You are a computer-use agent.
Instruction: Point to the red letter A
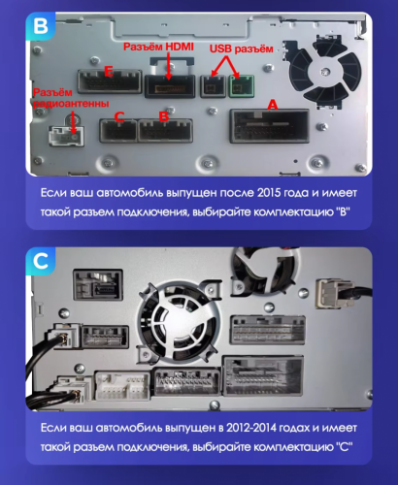click(272, 104)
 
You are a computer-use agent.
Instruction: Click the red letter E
click(108, 70)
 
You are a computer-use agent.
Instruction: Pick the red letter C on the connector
click(117, 117)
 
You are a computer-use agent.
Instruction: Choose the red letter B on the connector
click(163, 117)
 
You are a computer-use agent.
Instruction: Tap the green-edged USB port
click(241, 86)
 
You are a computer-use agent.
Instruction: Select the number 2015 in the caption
click(258, 191)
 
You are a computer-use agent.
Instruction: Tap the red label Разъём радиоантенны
click(68, 97)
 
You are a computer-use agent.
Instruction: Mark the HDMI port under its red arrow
click(169, 85)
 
